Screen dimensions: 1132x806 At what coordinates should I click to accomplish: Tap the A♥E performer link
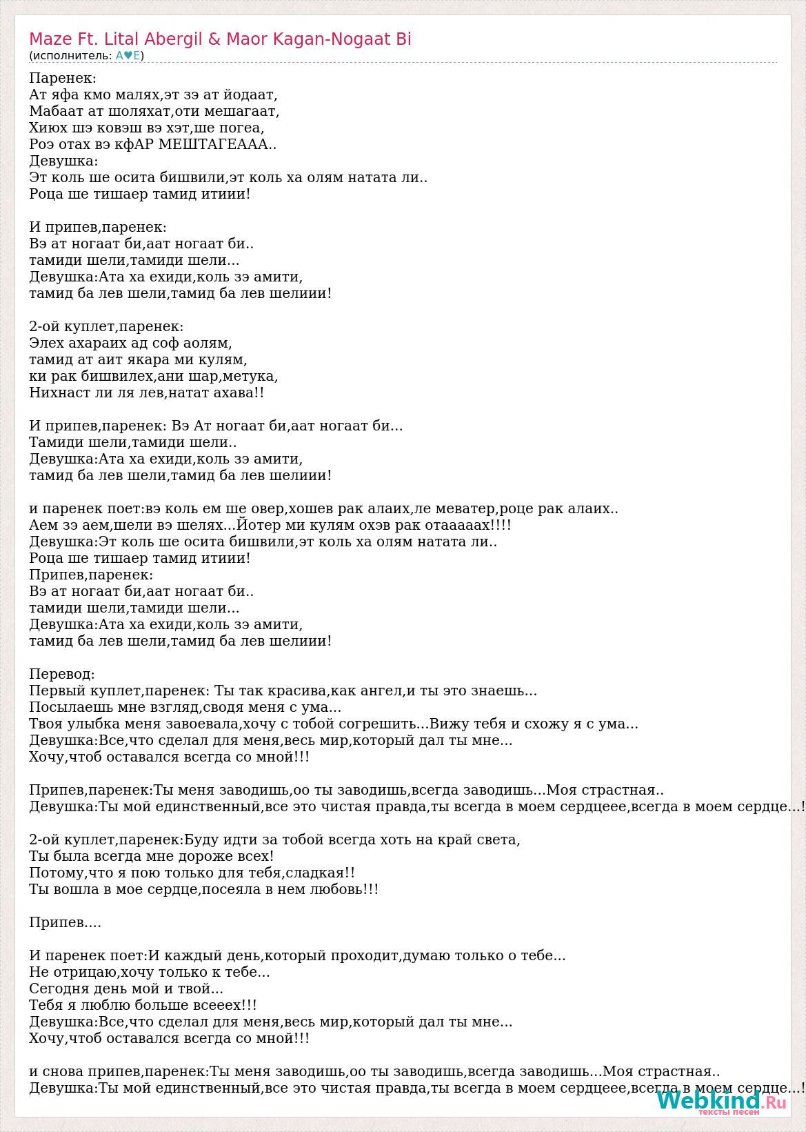(128, 56)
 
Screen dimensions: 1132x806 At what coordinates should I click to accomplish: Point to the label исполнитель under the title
(70, 56)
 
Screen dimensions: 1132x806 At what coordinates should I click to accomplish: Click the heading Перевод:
(62, 674)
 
